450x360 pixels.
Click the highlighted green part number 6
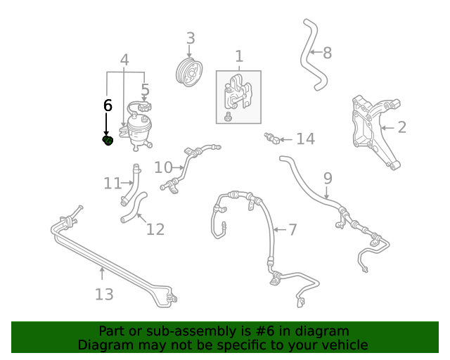(x=108, y=141)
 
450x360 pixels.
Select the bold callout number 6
(x=108, y=105)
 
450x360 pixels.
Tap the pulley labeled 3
(x=189, y=72)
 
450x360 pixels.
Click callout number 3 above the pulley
(x=191, y=38)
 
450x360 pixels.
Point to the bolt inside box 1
(x=229, y=117)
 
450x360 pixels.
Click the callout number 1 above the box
(x=239, y=56)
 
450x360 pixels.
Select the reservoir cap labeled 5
(x=145, y=108)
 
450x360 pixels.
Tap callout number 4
(x=124, y=60)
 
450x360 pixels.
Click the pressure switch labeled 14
(x=272, y=139)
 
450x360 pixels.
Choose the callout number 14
(x=306, y=139)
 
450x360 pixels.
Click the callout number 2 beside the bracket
(x=402, y=127)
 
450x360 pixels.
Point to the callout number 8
(x=328, y=53)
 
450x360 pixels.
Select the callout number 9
(x=328, y=179)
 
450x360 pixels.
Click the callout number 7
(x=292, y=230)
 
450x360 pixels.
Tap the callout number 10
(x=163, y=167)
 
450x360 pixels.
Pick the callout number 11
(x=112, y=184)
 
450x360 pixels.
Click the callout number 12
(x=155, y=229)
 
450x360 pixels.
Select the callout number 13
(x=104, y=295)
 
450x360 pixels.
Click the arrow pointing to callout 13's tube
(x=102, y=273)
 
